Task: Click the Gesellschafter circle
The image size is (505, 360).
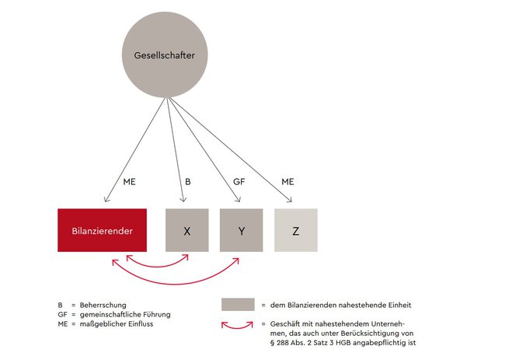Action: pos(165,54)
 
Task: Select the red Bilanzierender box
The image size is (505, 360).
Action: pos(102,230)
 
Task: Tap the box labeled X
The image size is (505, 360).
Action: pos(186,230)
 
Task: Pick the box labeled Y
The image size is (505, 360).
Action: pos(241,230)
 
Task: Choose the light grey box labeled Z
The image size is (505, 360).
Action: pos(296,230)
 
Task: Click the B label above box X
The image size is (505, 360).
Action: pos(188,182)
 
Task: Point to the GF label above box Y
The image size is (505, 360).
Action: pos(239,182)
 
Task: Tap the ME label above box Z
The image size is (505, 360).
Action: pos(287,182)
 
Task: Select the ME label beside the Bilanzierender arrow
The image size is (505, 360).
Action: pos(129,182)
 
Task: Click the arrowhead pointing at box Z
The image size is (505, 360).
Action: pos(291,201)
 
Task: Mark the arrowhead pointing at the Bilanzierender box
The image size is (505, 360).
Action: pos(106,201)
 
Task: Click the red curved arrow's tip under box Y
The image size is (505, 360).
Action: pos(239,258)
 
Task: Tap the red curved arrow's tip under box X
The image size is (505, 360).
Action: pos(187,256)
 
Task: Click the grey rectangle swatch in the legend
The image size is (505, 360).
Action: pos(238,305)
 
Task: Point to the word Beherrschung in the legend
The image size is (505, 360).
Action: pos(103,305)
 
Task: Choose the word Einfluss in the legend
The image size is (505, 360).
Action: pos(141,324)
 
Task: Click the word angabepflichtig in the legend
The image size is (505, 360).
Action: pos(380,343)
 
